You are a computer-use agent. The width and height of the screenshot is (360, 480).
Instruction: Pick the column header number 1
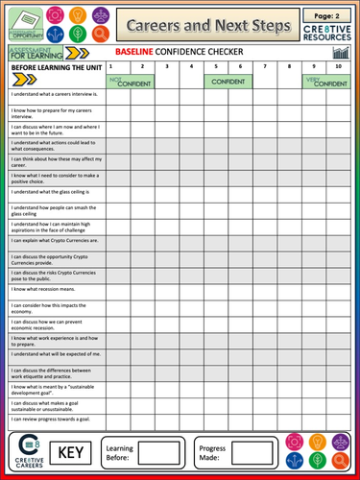pos(111,66)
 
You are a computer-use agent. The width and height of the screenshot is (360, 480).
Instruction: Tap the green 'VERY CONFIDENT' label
pos(325,82)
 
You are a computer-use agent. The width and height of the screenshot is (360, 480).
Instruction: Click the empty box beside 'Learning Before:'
pos(158,451)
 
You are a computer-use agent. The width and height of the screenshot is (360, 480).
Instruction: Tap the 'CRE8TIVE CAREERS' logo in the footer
pos(27,451)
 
